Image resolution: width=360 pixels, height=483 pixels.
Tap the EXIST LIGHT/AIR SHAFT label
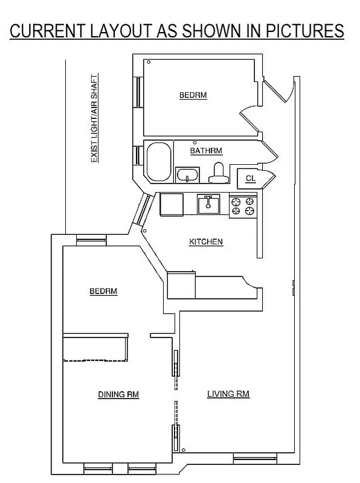pos(94,119)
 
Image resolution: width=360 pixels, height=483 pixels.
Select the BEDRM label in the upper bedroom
pos(193,95)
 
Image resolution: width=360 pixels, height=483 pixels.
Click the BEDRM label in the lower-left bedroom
pos(103,292)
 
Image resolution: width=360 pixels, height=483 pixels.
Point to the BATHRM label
pos(206,150)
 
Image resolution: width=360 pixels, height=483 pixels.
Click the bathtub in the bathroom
pos(158,162)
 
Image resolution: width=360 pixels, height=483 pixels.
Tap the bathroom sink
pos(188,176)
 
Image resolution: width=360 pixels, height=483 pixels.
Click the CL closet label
pos(250,178)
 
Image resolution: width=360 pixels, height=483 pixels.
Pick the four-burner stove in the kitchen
pos(243,206)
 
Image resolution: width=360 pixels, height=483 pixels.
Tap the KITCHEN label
pos(206,242)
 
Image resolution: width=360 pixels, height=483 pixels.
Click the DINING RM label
pos(118,395)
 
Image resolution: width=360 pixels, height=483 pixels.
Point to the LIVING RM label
pos(228,394)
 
